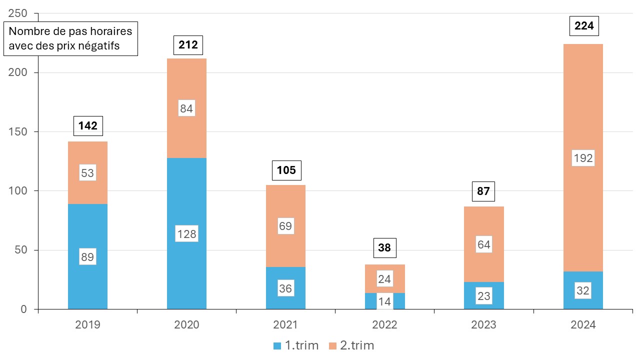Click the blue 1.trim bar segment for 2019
click(x=87, y=230)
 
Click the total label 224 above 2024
click(x=584, y=26)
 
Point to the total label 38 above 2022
click(x=384, y=247)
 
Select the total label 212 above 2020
click(x=187, y=45)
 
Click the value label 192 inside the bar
click(x=583, y=158)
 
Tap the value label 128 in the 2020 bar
click(x=186, y=233)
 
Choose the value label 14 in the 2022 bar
click(x=384, y=301)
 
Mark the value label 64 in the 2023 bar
click(x=483, y=245)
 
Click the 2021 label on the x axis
click(x=285, y=324)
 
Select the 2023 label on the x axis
click(x=483, y=324)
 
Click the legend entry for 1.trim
click(x=295, y=345)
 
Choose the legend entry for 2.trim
click(x=351, y=345)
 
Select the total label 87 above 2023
click(x=483, y=190)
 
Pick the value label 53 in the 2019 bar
click(x=87, y=173)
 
